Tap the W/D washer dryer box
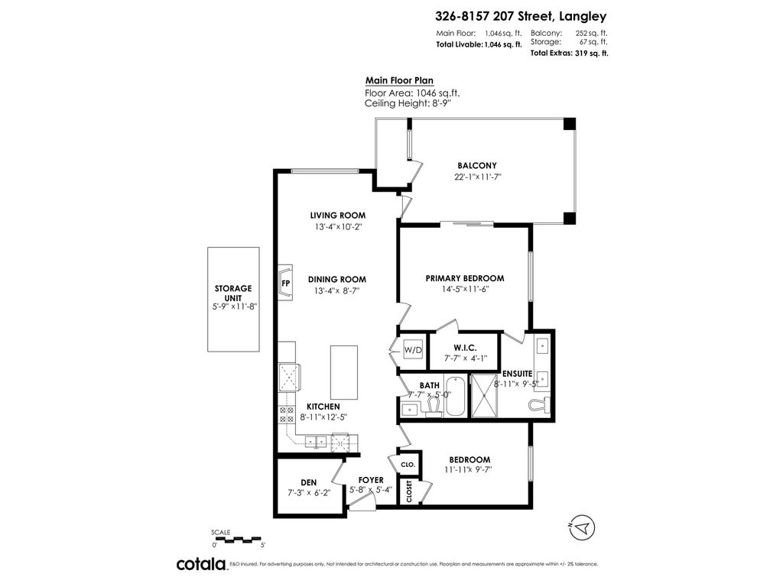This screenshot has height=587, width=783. click(x=412, y=350)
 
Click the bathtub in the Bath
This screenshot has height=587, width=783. click(x=454, y=396)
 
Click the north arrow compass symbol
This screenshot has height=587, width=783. click(x=582, y=528)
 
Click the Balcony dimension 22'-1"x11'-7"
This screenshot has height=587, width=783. click(x=477, y=177)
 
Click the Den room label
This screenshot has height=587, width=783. click(x=308, y=482)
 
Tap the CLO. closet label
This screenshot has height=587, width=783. click(x=408, y=464)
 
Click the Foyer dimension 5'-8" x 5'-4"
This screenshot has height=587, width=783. click(x=371, y=490)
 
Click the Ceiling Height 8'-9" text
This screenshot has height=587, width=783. click(x=408, y=104)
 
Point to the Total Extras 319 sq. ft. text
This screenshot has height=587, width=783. click(x=569, y=54)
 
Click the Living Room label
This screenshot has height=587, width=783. click(x=337, y=216)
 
